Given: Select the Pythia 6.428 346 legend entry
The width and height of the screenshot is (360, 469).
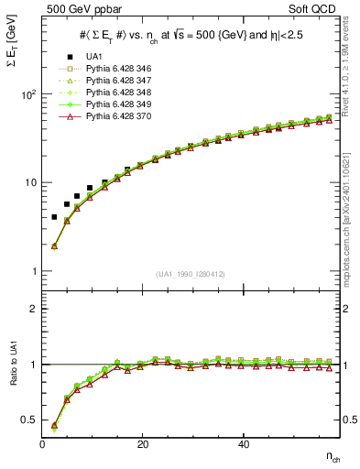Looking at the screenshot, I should pos(115,70).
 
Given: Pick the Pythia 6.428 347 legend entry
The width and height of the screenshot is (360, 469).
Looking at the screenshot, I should pos(115,82).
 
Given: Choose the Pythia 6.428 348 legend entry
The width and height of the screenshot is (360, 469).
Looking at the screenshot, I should pos(115,93).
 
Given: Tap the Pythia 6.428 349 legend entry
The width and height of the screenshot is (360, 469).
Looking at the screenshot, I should pos(115,105).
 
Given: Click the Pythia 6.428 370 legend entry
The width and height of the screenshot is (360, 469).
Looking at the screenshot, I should pos(115,117).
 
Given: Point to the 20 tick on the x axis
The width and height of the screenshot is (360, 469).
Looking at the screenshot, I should pos(142,444).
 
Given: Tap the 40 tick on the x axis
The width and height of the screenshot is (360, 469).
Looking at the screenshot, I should pos(243,444).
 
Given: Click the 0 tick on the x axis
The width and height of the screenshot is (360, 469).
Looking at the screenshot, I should pos(42,444).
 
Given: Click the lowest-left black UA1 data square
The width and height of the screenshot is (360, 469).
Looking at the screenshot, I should pos(55,217).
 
